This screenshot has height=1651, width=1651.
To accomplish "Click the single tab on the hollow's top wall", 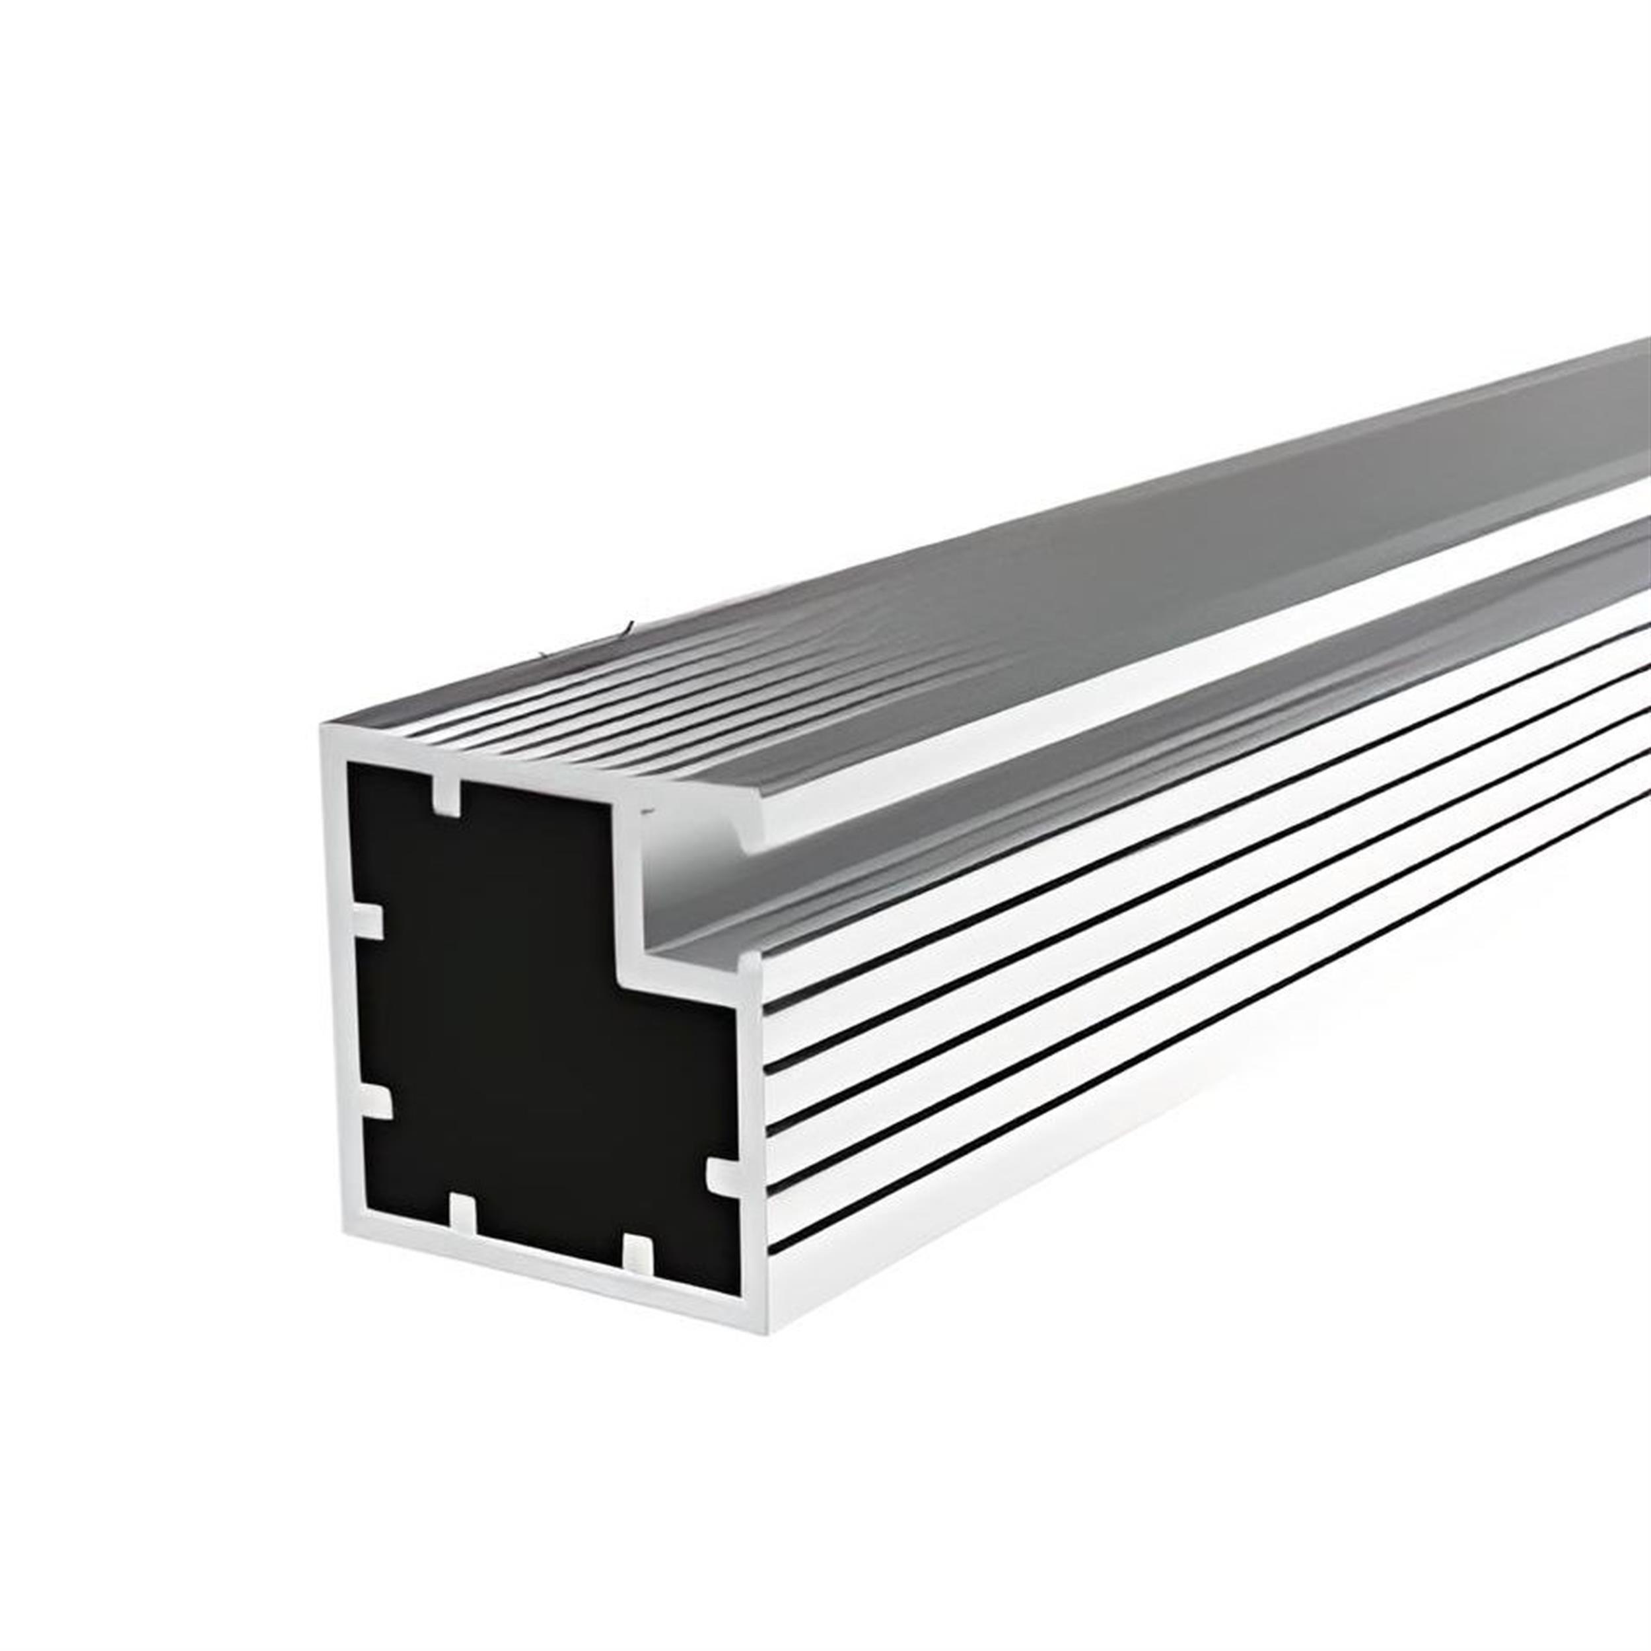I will [446, 796].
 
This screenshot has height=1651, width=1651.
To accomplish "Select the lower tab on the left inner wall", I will [375, 1102].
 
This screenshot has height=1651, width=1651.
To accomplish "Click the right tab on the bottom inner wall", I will [637, 1252].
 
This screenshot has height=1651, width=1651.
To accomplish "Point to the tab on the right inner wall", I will [723, 1177].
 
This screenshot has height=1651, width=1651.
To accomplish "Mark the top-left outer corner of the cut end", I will [323, 727].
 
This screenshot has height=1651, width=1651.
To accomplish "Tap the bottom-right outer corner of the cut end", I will [767, 1332].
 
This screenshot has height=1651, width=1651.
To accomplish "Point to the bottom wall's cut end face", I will [547, 1273].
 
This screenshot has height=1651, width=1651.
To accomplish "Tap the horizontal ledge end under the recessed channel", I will [684, 983].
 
